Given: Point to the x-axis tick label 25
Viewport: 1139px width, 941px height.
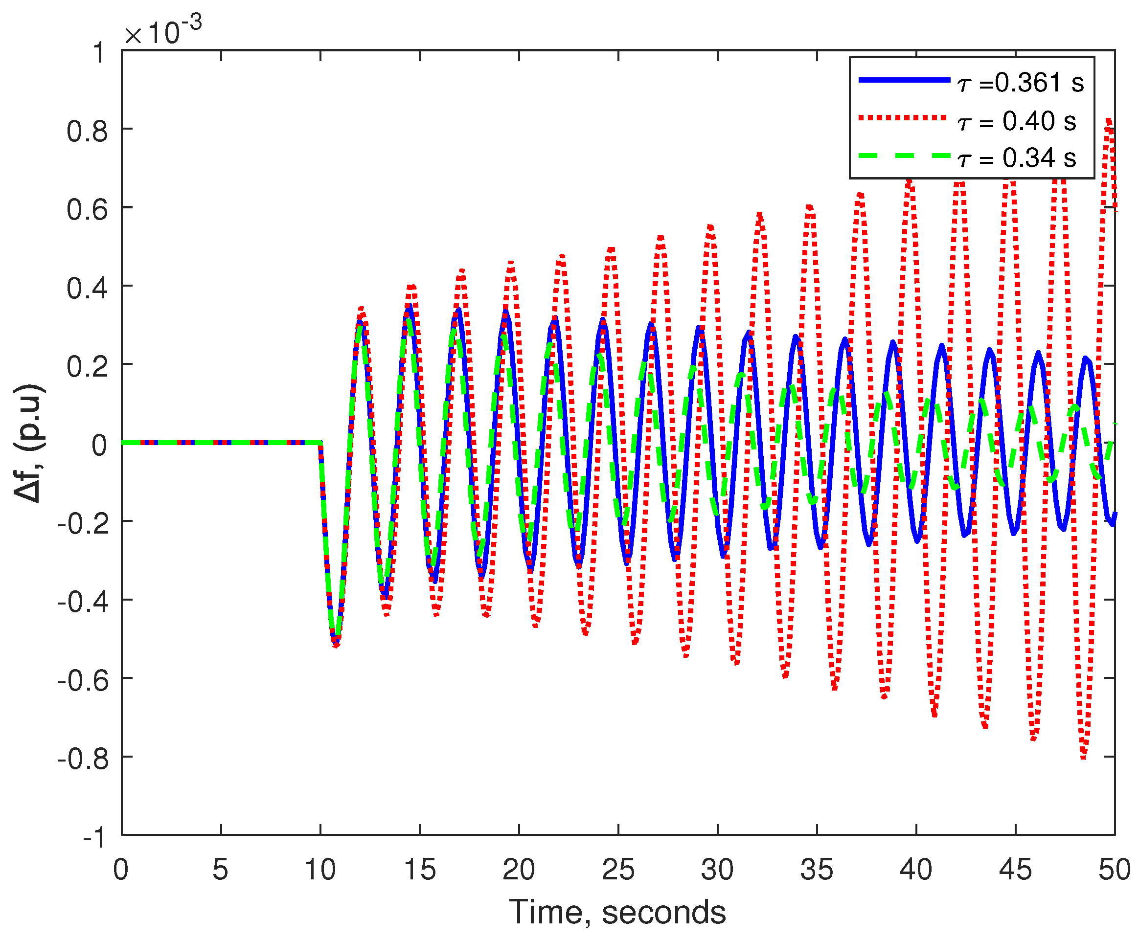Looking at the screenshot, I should coord(618,870).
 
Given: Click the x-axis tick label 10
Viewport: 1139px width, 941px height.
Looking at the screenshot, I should coord(320,870).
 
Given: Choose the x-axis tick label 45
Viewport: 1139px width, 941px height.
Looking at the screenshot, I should coord(1015,870).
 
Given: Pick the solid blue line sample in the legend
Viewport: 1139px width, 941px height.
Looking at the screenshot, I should coord(904,80).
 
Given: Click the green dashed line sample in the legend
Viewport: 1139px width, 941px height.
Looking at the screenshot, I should coord(904,156).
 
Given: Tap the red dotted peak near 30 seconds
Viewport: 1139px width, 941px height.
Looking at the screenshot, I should coord(710,226).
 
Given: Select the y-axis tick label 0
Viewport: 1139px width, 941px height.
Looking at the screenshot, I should coord(99,445).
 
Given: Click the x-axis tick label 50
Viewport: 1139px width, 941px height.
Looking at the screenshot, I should coord(1114,870).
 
